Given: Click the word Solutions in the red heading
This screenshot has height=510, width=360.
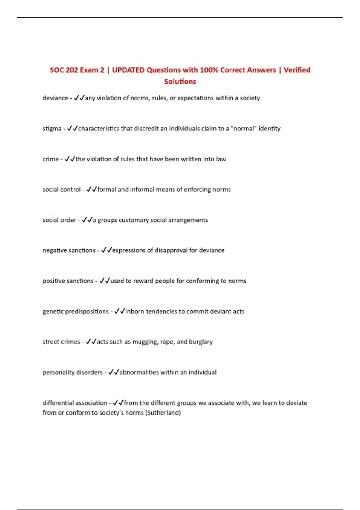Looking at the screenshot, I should [180, 81].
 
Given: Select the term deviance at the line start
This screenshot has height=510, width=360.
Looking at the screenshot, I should [55, 98].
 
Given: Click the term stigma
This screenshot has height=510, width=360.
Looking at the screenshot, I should [52, 129].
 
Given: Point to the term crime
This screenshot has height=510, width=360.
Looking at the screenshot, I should [50, 159].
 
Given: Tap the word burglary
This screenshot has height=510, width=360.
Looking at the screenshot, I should [201, 342].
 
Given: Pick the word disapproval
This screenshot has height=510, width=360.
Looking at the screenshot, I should [171, 250].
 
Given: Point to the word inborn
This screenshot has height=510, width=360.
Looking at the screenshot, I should [134, 311].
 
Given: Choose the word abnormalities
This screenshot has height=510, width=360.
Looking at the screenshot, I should [139, 372].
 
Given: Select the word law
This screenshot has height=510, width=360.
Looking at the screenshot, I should [221, 159].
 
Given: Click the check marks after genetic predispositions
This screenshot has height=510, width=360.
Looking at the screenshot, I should [119, 311].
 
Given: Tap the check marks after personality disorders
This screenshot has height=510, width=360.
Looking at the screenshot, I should [114, 372].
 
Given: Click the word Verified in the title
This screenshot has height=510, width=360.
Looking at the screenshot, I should [297, 70].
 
